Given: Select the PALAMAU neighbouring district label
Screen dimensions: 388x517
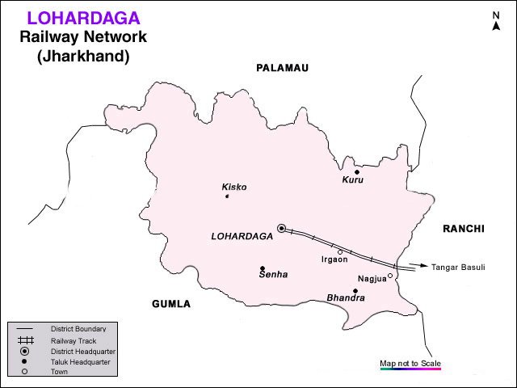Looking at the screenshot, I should point(282,68).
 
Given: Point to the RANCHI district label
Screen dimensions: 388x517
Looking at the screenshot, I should point(463,230).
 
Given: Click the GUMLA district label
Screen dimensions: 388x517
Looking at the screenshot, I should point(171,304).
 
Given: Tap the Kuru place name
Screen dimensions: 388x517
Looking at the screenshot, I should point(352,180).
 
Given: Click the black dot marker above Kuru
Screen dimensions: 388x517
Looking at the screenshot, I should point(356,171).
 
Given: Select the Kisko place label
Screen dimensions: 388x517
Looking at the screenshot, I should point(234,187).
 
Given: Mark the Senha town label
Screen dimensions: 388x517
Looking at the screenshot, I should point(272,276).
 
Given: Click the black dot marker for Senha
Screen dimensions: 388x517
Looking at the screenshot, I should point(263,268).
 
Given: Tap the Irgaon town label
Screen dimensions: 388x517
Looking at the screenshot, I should point(334,260).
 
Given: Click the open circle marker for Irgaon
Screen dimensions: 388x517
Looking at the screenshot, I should point(340,252).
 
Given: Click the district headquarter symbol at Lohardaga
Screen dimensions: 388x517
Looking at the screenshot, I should point(282,229).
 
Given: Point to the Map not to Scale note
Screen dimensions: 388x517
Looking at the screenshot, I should point(410,363).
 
